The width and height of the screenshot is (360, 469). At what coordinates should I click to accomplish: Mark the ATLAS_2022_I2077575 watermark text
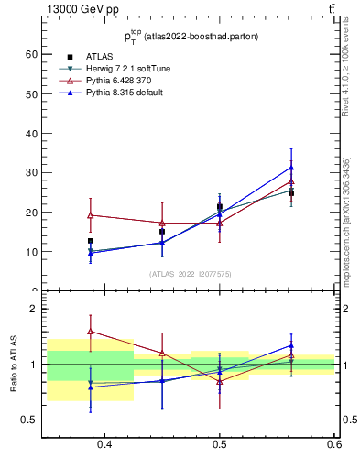(x=191, y=274)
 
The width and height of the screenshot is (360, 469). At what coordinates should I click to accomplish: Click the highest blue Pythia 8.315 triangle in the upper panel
(x=291, y=168)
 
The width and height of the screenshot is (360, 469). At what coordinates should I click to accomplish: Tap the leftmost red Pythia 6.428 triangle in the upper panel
(x=90, y=215)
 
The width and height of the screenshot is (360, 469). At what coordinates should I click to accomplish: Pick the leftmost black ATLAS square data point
(x=90, y=241)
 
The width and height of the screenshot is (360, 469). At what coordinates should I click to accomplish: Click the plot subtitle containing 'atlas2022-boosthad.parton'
(x=191, y=36)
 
